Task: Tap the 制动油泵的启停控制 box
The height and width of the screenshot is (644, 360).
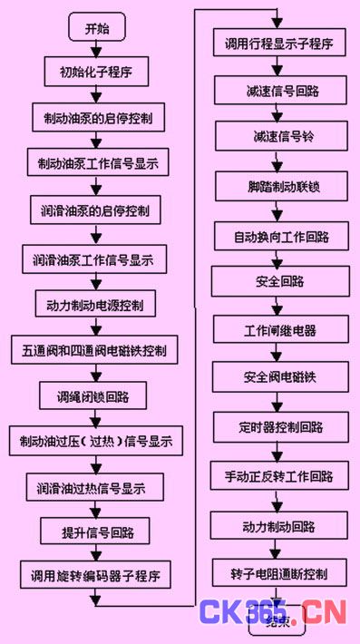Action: click(x=98, y=119)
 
